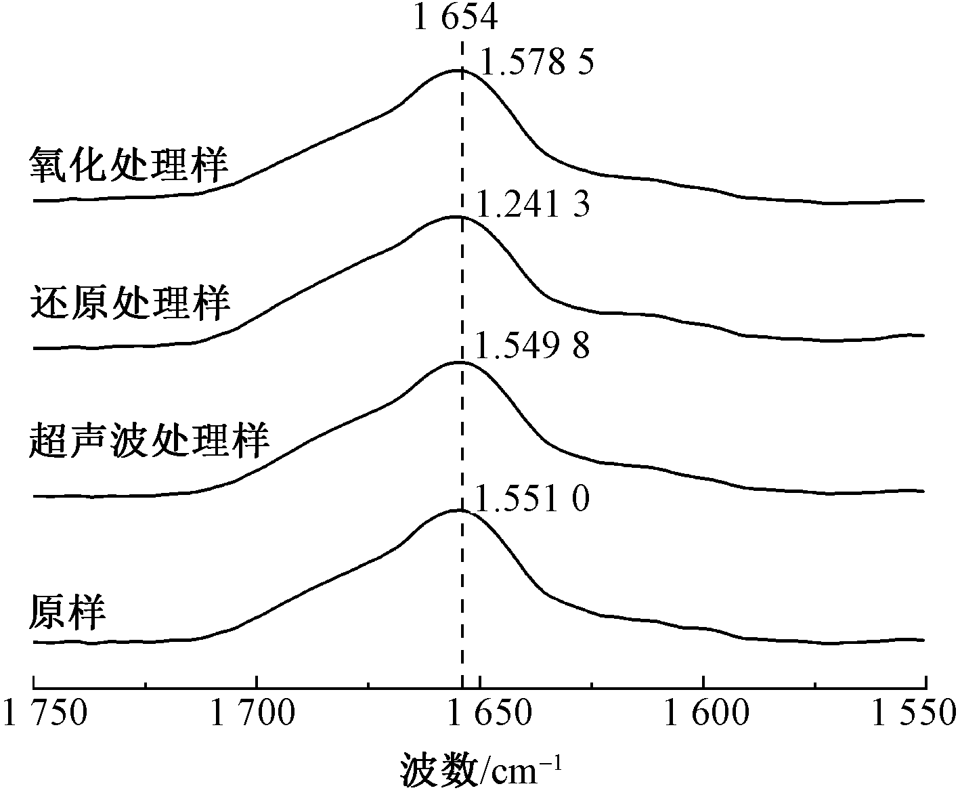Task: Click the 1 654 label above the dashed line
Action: point(455,18)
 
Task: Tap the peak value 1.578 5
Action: point(537,64)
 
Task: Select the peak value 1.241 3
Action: point(533,205)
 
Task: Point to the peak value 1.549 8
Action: point(533,347)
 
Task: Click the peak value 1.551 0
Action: point(533,500)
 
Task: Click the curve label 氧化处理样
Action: point(129,165)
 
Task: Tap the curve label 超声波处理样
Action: point(150,441)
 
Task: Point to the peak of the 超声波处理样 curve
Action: point(458,362)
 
